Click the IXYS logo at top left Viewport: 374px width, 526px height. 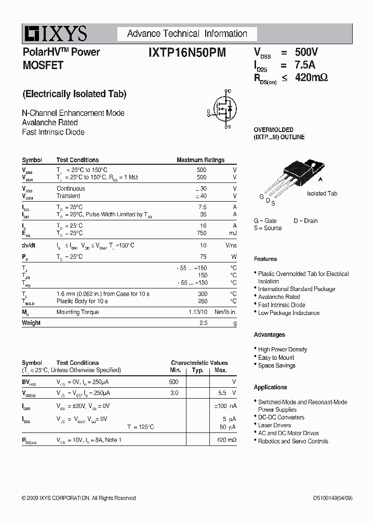pyautogui.click(x=55, y=34)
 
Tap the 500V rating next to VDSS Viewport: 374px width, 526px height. pyautogui.click(x=306, y=52)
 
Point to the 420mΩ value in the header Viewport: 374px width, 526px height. pyautogui.click(x=311, y=78)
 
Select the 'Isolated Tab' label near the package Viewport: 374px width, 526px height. pyautogui.click(x=322, y=193)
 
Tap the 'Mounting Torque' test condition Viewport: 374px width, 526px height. pyautogui.click(x=77, y=312)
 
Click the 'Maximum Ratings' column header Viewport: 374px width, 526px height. pyautogui.click(x=201, y=160)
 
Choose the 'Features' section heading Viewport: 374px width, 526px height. pyautogui.click(x=265, y=259)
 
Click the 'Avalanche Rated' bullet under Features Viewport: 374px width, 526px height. pyautogui.click(x=279, y=297)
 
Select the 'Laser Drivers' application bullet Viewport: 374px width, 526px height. pyautogui.click(x=274, y=425)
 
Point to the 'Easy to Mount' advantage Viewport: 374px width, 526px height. pyautogui.click(x=276, y=358)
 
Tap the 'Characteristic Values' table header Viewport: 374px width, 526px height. pyautogui.click(x=199, y=363)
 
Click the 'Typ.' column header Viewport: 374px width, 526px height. pyautogui.click(x=197, y=370)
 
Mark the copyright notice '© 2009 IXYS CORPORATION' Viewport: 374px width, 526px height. pyautogui.click(x=78, y=498)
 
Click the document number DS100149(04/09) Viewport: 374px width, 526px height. pyautogui.click(x=329, y=498)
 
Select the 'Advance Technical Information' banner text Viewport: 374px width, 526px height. pyautogui.click(x=187, y=34)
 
